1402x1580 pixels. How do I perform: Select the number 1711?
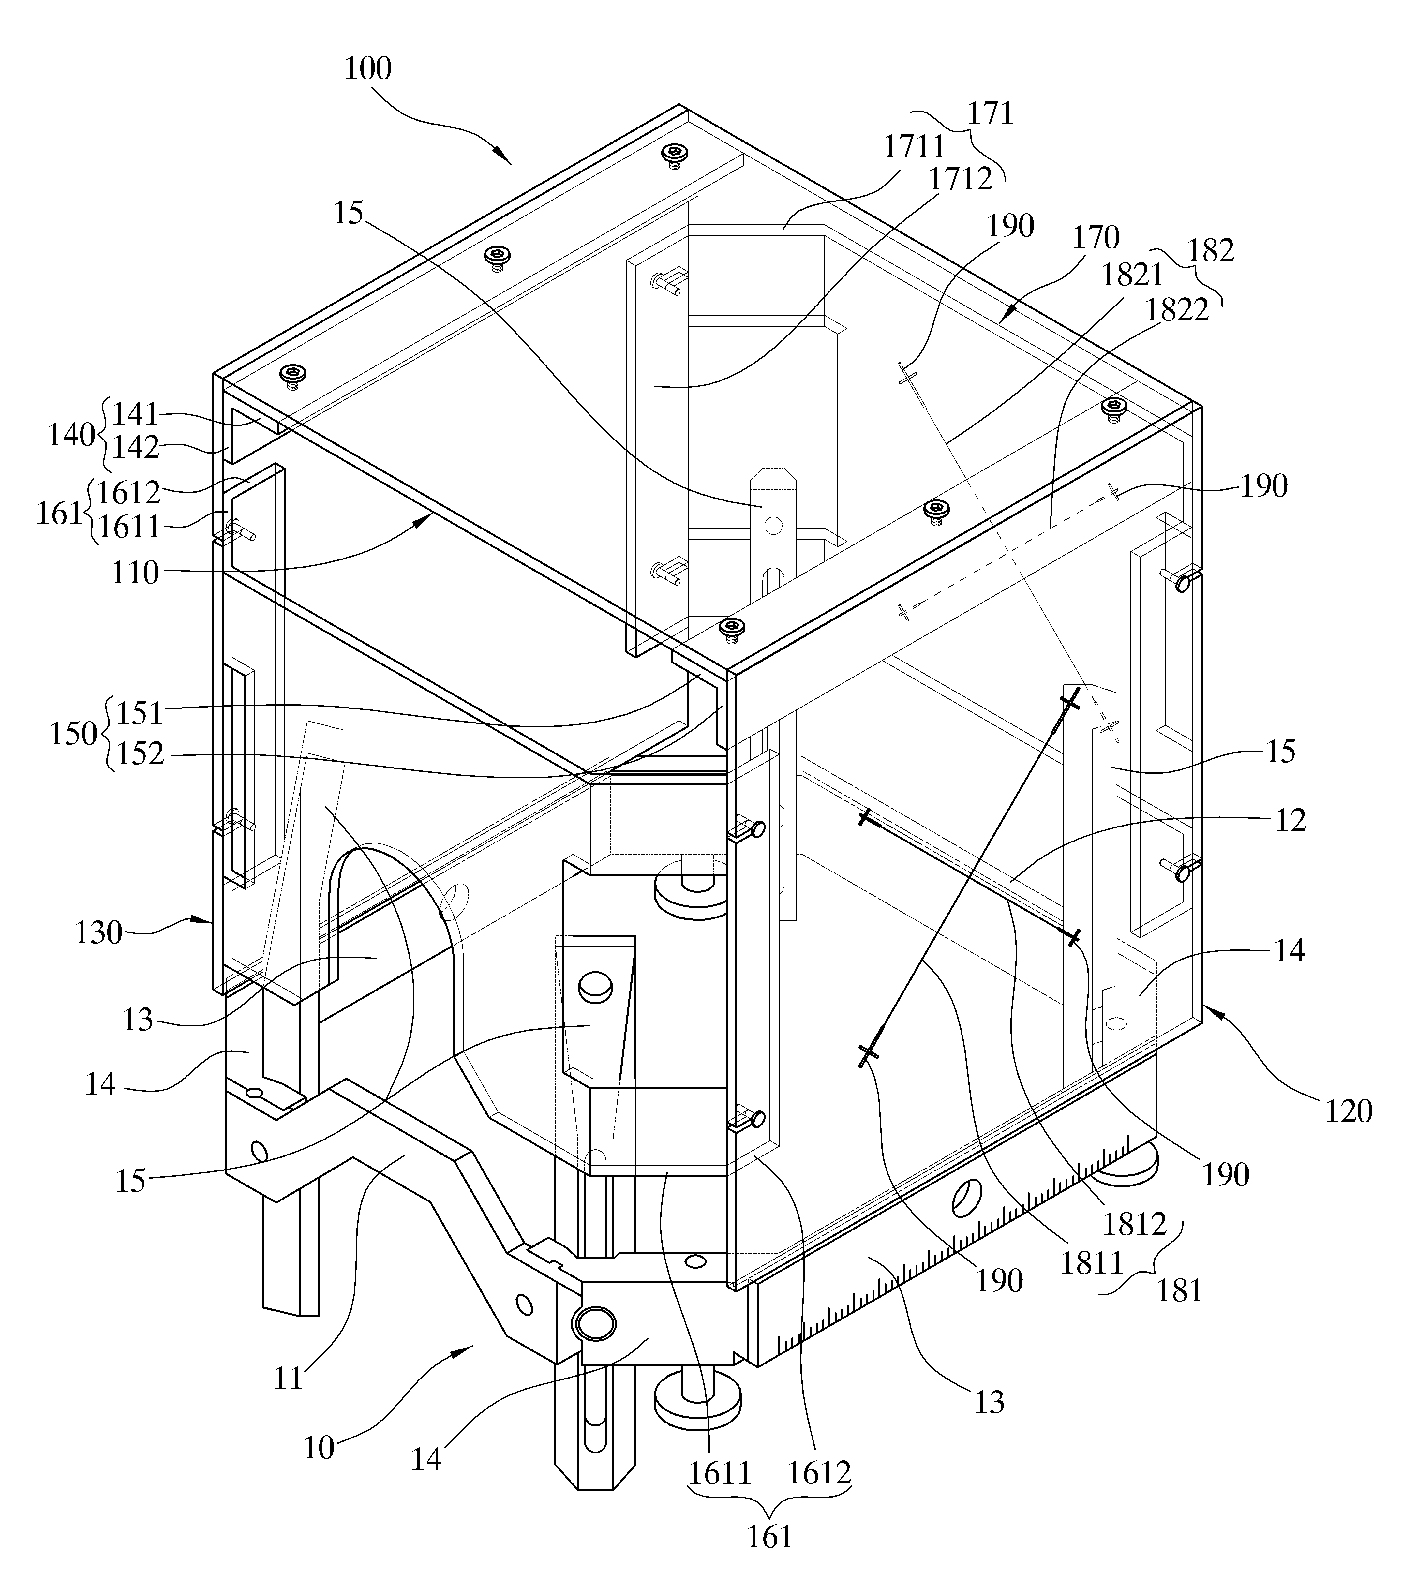point(914,146)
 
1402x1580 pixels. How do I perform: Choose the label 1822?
point(1177,310)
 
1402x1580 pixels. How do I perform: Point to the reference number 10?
point(318,1448)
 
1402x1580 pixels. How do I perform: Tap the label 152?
point(140,754)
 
